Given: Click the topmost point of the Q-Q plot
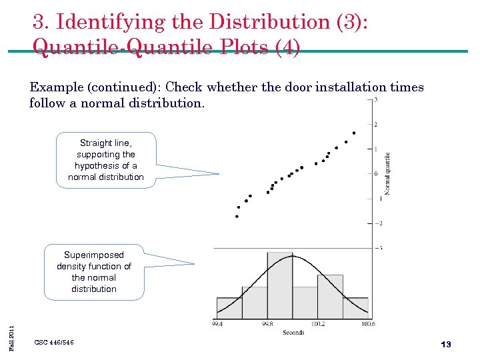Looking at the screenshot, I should pyautogui.click(x=353, y=133).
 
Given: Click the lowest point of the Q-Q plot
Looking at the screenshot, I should pyautogui.click(x=237, y=216).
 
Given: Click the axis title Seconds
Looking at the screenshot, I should pyautogui.click(x=293, y=332).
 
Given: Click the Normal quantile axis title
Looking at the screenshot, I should pyautogui.click(x=387, y=174).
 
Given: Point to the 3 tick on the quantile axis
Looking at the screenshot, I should pyautogui.click(x=377, y=100).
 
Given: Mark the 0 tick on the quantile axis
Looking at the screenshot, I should pyautogui.click(x=377, y=174).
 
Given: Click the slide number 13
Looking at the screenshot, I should pyautogui.click(x=446, y=344).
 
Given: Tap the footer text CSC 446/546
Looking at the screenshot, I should pyautogui.click(x=54, y=342).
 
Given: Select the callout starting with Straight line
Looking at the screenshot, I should pyautogui.click(x=106, y=160).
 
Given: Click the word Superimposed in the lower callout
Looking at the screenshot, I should pyautogui.click(x=94, y=255).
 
